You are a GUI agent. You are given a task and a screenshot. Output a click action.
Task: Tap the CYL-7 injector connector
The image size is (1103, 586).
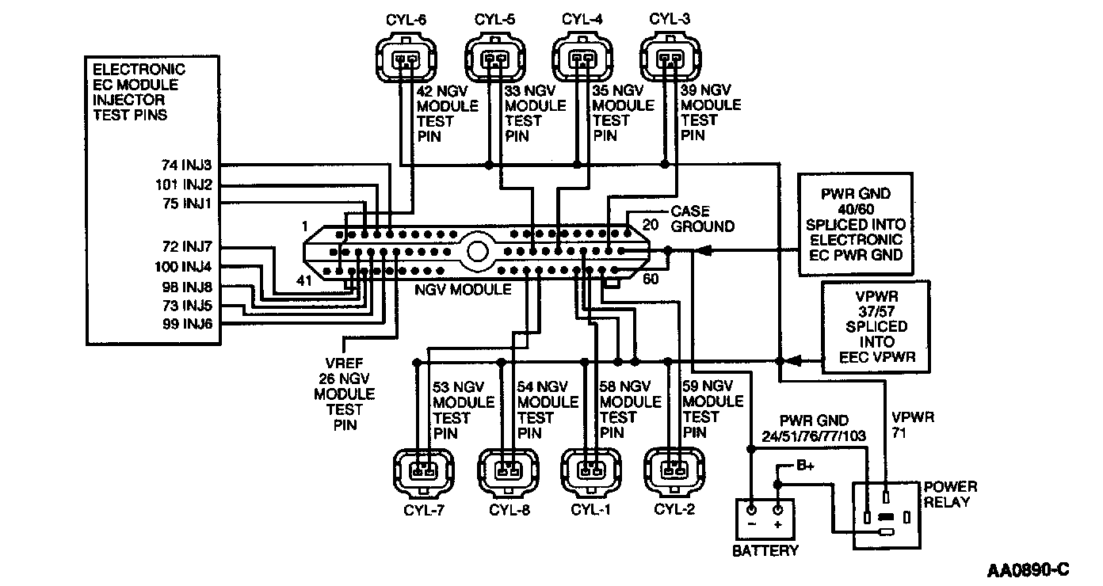click(x=424, y=472)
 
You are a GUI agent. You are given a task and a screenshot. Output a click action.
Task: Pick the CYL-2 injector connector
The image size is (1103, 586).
click(x=674, y=471)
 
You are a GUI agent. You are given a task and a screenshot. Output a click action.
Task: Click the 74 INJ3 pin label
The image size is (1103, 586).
click(x=187, y=165)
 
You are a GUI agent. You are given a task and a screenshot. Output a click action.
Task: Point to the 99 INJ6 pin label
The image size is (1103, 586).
click(x=187, y=324)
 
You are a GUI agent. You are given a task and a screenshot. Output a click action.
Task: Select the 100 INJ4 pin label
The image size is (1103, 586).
click(x=183, y=267)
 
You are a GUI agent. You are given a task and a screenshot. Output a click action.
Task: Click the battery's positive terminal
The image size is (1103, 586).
click(x=777, y=510)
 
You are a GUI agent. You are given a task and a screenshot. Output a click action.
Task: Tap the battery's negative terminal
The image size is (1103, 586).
click(x=751, y=510)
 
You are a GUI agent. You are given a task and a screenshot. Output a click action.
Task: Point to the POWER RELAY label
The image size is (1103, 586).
click(x=950, y=494)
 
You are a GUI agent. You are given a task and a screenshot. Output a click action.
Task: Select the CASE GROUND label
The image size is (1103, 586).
click(x=702, y=219)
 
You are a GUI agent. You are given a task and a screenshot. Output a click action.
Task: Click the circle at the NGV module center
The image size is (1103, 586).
click(x=477, y=252)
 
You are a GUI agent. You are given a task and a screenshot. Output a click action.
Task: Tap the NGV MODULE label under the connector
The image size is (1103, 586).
click(x=463, y=290)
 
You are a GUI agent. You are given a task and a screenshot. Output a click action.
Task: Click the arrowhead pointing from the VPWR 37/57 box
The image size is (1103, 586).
click(x=792, y=361)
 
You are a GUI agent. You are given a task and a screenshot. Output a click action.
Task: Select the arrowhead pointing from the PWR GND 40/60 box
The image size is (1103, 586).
click(x=704, y=251)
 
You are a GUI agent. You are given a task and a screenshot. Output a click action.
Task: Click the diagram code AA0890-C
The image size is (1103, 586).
click(x=1029, y=570)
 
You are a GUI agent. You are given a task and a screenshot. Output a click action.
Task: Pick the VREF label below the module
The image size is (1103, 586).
click(x=344, y=363)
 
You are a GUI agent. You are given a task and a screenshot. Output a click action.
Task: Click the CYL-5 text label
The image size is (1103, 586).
click(x=494, y=20)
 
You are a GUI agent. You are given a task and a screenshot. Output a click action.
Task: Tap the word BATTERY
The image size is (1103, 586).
click(x=765, y=550)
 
